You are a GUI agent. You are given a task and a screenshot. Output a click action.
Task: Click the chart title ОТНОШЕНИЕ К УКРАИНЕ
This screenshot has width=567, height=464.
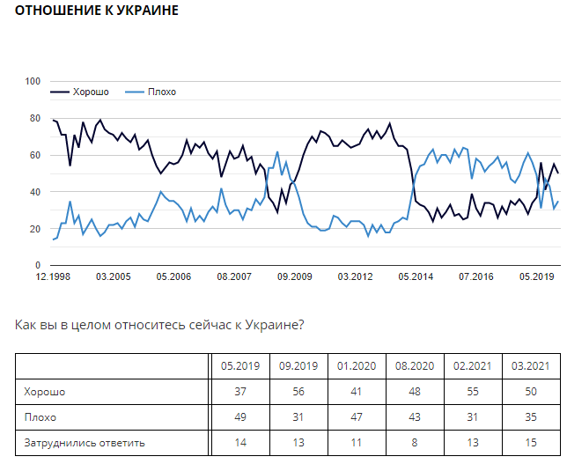(x=97, y=11)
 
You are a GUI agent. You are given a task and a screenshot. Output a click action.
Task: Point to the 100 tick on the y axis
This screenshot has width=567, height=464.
(x=33, y=82)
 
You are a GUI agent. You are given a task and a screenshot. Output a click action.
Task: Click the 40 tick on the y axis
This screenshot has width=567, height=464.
(x=36, y=192)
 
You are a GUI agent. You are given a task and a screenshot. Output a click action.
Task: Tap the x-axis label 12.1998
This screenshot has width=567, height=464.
(x=53, y=276)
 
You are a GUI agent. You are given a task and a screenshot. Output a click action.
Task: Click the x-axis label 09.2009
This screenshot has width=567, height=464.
(x=295, y=276)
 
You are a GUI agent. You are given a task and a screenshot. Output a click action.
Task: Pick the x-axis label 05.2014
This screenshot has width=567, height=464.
(x=416, y=276)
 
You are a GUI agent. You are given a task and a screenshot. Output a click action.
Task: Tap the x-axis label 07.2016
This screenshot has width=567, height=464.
(x=476, y=276)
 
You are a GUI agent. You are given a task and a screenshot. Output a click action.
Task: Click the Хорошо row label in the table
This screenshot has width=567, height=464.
(x=45, y=392)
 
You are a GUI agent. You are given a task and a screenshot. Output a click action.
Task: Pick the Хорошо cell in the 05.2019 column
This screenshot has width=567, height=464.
(x=239, y=392)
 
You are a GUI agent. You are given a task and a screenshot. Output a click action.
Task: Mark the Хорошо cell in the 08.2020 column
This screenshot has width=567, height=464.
(x=413, y=392)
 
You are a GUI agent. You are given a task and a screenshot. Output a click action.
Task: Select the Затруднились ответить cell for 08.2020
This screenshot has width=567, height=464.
(x=413, y=442)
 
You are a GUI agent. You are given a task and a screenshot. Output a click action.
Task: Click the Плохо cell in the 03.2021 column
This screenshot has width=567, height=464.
(x=530, y=417)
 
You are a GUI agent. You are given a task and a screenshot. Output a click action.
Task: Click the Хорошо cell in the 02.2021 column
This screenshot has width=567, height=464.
(x=472, y=392)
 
